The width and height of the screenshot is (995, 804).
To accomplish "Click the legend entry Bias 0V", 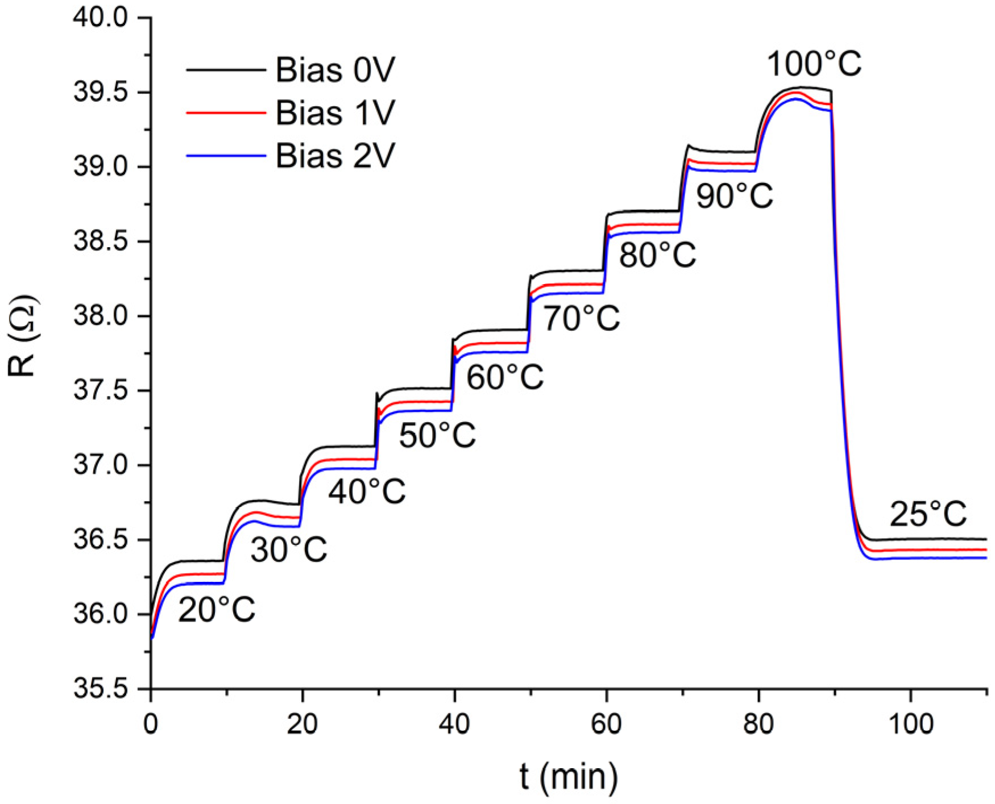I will point(335,70).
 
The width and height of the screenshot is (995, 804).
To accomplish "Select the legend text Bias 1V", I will point(335,113).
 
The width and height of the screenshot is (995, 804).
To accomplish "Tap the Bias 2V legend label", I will point(335,155).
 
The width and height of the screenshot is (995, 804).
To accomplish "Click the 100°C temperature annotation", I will point(814,64).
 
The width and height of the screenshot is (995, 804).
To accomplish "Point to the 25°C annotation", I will point(928,514).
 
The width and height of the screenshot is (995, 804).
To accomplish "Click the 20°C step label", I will point(216,611).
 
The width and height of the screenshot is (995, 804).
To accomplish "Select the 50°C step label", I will point(437,436).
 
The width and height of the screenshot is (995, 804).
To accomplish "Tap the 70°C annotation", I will point(581,318).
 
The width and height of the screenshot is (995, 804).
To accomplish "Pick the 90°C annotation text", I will point(734,196).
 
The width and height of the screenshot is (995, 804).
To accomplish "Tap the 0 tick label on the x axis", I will point(151,724).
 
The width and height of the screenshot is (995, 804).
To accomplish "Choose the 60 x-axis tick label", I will point(607,724).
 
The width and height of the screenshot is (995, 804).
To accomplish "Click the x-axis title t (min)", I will point(568,777).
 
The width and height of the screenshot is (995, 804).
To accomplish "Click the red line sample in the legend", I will point(226,113).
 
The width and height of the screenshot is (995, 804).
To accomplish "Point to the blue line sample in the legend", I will point(226,155).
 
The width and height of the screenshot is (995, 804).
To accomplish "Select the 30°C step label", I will point(289,550).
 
